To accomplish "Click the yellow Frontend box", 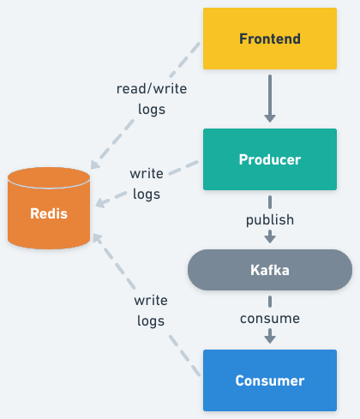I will click(x=270, y=39).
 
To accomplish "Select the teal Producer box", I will click(x=270, y=159).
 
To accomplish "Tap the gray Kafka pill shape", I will click(x=270, y=270).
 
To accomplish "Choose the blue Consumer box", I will click(x=270, y=380).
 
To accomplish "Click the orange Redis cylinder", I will click(x=48, y=212).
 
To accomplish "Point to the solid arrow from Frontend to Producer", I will click(x=270, y=96).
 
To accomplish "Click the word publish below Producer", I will click(x=270, y=219).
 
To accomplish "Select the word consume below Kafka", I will click(x=270, y=318).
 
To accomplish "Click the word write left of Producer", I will click(x=147, y=173).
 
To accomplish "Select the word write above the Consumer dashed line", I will click(x=151, y=302).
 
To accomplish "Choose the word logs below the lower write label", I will click(x=151, y=321).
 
